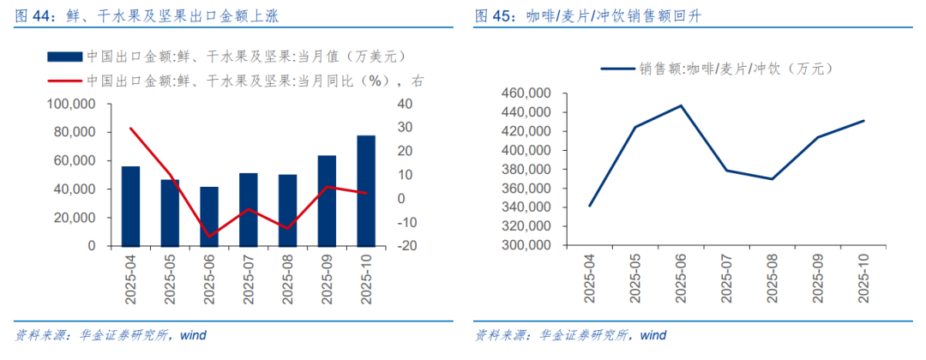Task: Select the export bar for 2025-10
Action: pyautogui.click(x=365, y=190)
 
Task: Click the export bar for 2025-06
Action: pyautogui.click(x=209, y=216)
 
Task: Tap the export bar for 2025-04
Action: pyautogui.click(x=131, y=206)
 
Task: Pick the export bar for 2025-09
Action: pyautogui.click(x=327, y=201)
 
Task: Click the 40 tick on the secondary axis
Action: pyautogui.click(x=404, y=104)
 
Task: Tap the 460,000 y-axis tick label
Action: pyautogui.click(x=524, y=93)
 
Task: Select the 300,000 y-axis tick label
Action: pyautogui.click(x=524, y=246)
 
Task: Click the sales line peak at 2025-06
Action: pyautogui.click(x=681, y=105)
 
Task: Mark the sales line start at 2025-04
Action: pyautogui.click(x=589, y=206)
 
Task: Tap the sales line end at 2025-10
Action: pyautogui.click(x=864, y=121)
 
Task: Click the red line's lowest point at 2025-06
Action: pyautogui.click(x=209, y=236)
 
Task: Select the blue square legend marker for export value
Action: pyautogui.click(x=64, y=57)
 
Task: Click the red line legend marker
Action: pyautogui.click(x=64, y=81)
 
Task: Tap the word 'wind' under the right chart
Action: pyautogui.click(x=652, y=334)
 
